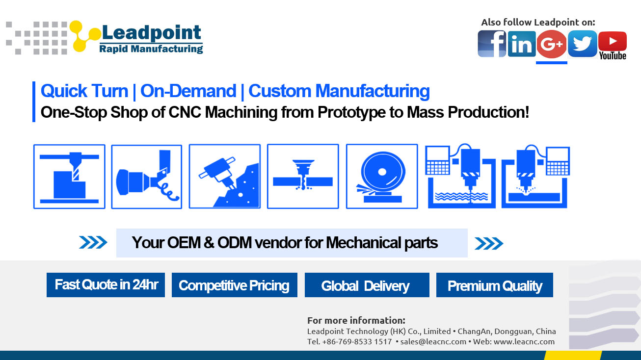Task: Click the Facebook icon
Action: pyautogui.click(x=492, y=44)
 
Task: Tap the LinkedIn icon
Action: pyautogui.click(x=521, y=44)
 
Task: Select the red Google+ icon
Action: pyautogui.click(x=552, y=44)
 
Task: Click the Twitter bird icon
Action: pyautogui.click(x=582, y=44)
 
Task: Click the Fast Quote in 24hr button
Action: pyautogui.click(x=106, y=285)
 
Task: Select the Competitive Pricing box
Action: pyautogui.click(x=234, y=285)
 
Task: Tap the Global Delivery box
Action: pyautogui.click(x=367, y=285)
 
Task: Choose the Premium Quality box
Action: pyautogui.click(x=494, y=285)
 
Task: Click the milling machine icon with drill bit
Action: pyautogui.click(x=69, y=177)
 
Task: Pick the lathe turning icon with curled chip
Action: pyautogui.click(x=146, y=177)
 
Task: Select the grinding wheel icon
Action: pyautogui.click(x=382, y=177)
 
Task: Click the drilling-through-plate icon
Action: pyautogui.click(x=303, y=177)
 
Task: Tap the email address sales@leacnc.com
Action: pyautogui.click(x=433, y=341)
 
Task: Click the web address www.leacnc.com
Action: pyautogui.click(x=524, y=341)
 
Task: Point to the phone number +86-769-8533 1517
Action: pyautogui.click(x=357, y=341)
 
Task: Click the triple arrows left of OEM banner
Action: pyautogui.click(x=93, y=243)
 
